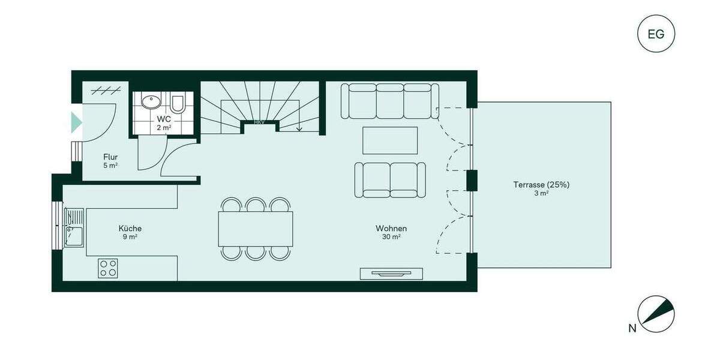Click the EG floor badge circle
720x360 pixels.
pyautogui.click(x=656, y=34)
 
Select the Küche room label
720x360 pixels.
pyautogui.click(x=130, y=229)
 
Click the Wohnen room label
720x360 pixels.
pyautogui.click(x=391, y=229)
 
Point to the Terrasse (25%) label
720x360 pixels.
pyautogui.click(x=541, y=185)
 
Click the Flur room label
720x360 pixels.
pyautogui.click(x=110, y=157)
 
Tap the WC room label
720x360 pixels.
pyautogui.click(x=164, y=119)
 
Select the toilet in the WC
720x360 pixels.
pyautogui.click(x=178, y=104)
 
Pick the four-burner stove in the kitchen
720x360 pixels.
pyautogui.click(x=109, y=268)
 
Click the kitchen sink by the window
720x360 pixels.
pyautogui.click(x=74, y=228)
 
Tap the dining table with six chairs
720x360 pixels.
pyautogui.click(x=256, y=229)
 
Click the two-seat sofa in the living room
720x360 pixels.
pyautogui.click(x=390, y=179)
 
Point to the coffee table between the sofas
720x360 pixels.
pyautogui.click(x=390, y=140)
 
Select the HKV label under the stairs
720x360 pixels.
pyautogui.click(x=259, y=122)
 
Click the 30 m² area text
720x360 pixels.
pyautogui.click(x=391, y=237)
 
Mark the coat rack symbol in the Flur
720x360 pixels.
pyautogui.click(x=103, y=91)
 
